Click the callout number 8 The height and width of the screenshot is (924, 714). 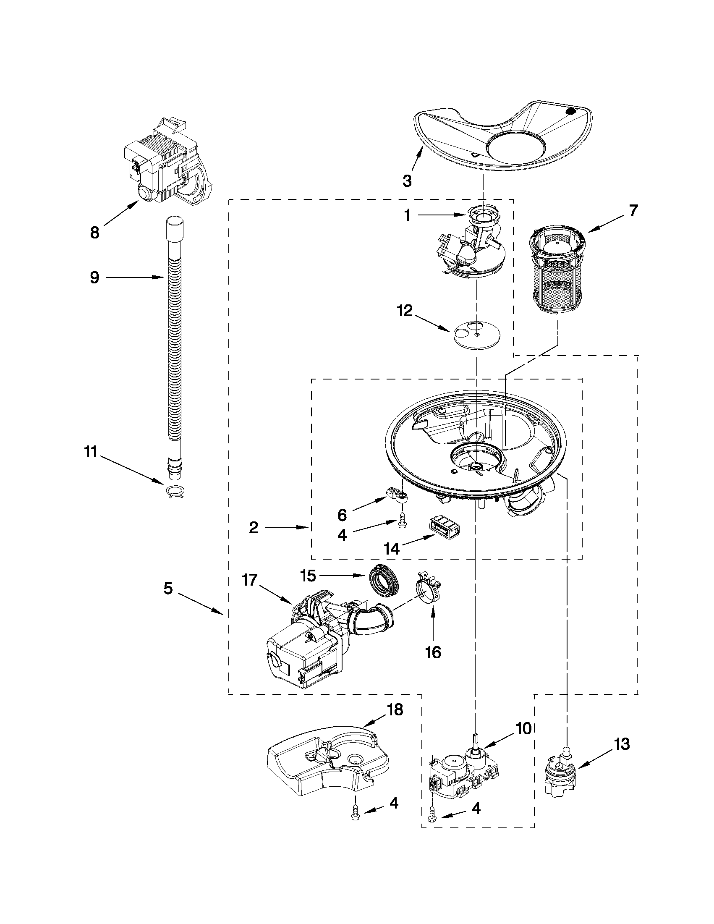(94, 232)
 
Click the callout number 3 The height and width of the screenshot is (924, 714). (406, 181)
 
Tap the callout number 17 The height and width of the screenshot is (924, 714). (250, 580)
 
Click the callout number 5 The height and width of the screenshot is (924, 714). (168, 589)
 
